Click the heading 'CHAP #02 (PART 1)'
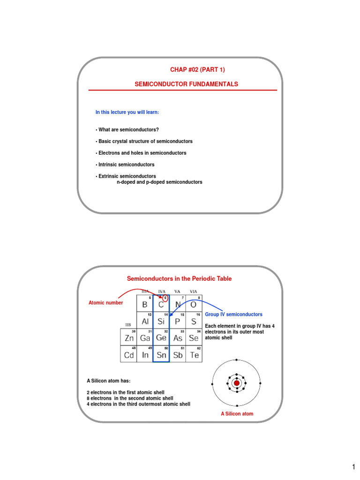[197, 70]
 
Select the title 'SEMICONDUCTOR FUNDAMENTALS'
[187, 84]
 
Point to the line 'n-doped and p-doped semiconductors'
[159, 182]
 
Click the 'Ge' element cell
[161, 337]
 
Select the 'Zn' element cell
[128, 337]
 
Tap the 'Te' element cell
[194, 354]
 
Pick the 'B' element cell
[145, 303]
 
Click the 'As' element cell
[178, 337]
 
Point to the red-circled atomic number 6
[165, 298]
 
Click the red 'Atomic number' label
[106, 303]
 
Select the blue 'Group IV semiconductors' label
[234, 315]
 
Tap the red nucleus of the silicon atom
[237, 383]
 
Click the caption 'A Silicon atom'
[237, 414]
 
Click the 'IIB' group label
[128, 324]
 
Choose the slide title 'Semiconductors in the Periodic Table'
[179, 278]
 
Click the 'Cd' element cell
[128, 354]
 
